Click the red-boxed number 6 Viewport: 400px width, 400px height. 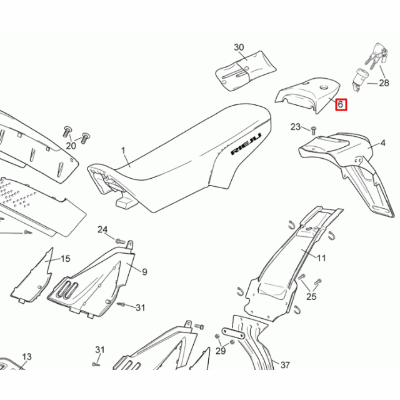click(x=341, y=104)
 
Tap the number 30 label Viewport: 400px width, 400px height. click(x=239, y=47)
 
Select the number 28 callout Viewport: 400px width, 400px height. click(x=383, y=82)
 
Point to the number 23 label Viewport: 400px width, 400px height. click(x=296, y=127)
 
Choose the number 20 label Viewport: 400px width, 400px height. click(x=71, y=146)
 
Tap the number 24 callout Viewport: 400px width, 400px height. click(x=102, y=229)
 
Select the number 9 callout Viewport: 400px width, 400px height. click(x=144, y=271)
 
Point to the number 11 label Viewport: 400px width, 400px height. click(x=322, y=257)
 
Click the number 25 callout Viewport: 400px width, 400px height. click(x=311, y=296)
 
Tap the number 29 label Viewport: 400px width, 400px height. click(x=220, y=351)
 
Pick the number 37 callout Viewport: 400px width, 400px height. click(x=285, y=365)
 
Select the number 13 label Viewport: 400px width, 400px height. click(x=26, y=357)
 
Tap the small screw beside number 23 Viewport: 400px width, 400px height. click(x=312, y=129)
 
